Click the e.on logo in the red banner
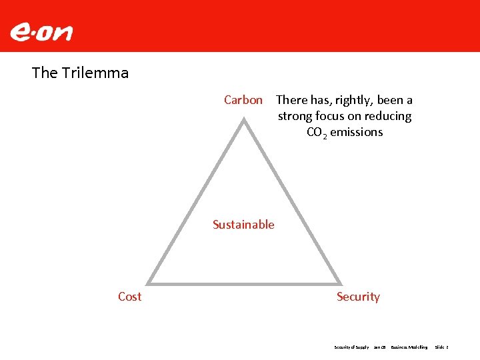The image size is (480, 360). click(41, 32)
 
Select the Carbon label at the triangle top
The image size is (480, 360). click(243, 100)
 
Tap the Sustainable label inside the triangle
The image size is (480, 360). click(243, 225)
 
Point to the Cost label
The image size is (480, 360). click(129, 297)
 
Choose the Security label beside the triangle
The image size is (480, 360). click(358, 297)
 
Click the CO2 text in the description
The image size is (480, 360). click(316, 132)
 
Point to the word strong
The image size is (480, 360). click(295, 116)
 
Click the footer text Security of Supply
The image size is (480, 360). click(351, 347)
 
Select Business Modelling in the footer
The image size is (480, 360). click(409, 347)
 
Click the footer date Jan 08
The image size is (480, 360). click(380, 347)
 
